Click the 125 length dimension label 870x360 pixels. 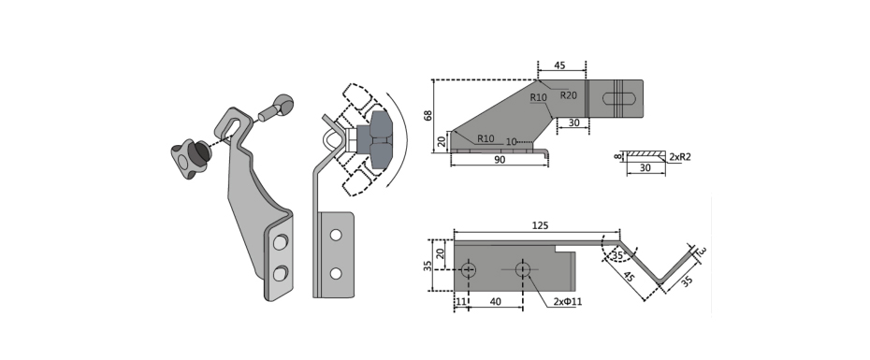click(x=540, y=225)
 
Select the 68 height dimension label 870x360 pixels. click(x=428, y=116)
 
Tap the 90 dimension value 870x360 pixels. click(x=500, y=160)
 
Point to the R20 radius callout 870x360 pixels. click(x=568, y=95)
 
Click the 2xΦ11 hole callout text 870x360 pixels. click(x=568, y=302)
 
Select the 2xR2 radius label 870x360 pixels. click(x=680, y=157)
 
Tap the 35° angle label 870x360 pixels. click(x=618, y=255)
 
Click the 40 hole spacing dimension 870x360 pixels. click(x=495, y=302)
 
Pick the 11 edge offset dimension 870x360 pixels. click(x=460, y=302)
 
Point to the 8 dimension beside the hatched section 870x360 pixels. click(x=616, y=157)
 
